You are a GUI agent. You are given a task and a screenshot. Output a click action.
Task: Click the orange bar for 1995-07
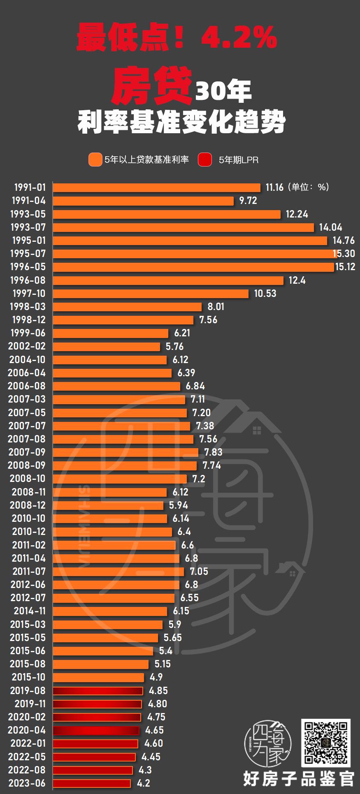coord(193,254)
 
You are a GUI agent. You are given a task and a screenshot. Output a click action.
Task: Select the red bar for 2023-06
coord(92,783)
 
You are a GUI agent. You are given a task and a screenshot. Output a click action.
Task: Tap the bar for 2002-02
coord(107,346)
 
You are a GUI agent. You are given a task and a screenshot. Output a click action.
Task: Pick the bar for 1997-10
coord(151,294)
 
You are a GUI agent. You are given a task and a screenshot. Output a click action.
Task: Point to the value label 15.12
coord(345,267)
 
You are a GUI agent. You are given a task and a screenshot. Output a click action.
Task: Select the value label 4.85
coord(158,690)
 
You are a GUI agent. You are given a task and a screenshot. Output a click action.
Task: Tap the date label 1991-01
coord(30,188)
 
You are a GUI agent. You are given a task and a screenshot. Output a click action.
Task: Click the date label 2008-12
coord(28,505)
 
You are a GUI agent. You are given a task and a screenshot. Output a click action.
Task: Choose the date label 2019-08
coord(28,690)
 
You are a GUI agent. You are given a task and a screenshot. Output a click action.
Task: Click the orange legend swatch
coord(95,160)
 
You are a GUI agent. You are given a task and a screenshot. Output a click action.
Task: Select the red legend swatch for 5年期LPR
coord(205,160)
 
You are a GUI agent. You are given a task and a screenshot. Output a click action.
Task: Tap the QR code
coord(326,743)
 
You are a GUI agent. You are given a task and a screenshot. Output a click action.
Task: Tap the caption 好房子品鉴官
coord(298,778)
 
